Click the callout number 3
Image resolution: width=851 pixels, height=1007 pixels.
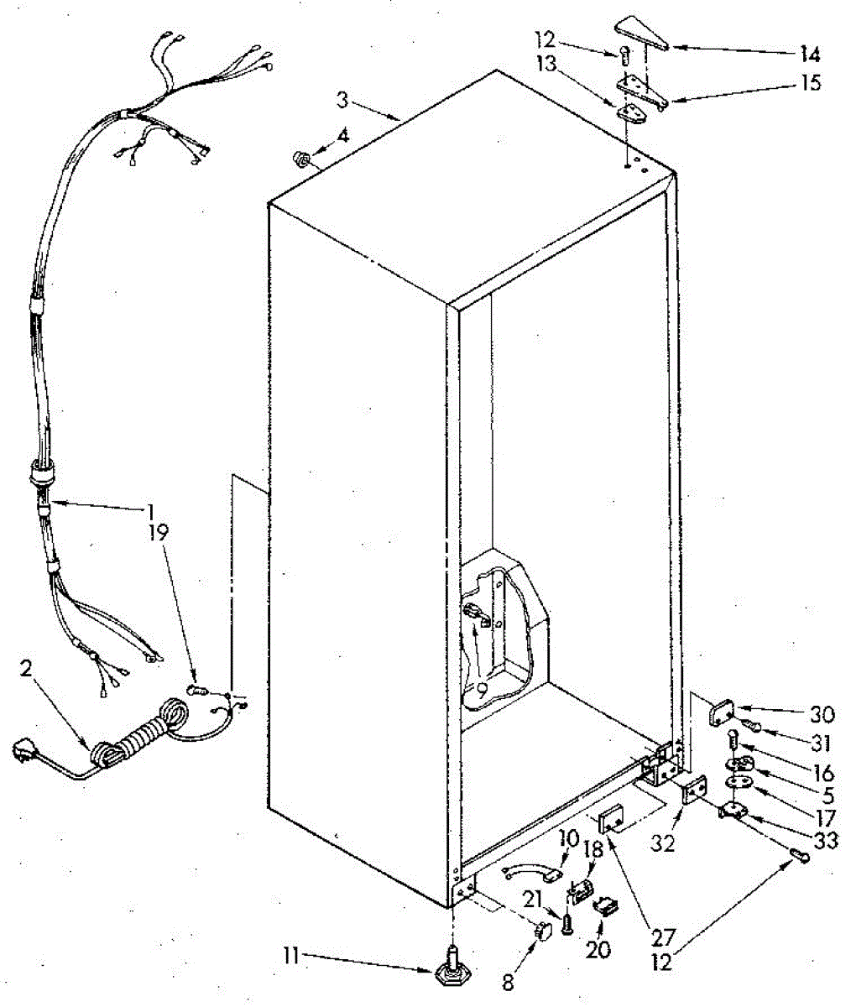point(342,100)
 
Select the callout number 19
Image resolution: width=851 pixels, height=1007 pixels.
point(159,530)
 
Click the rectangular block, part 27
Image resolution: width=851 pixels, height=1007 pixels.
point(609,816)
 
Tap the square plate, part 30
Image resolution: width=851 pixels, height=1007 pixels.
point(720,715)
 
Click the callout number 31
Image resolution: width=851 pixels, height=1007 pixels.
point(822,742)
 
